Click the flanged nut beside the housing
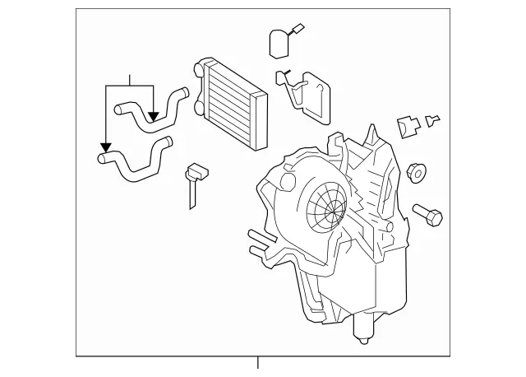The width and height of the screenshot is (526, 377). (x=416, y=174)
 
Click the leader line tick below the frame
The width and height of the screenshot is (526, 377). (x=257, y=363)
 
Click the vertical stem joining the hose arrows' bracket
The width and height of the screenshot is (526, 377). (x=130, y=79)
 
